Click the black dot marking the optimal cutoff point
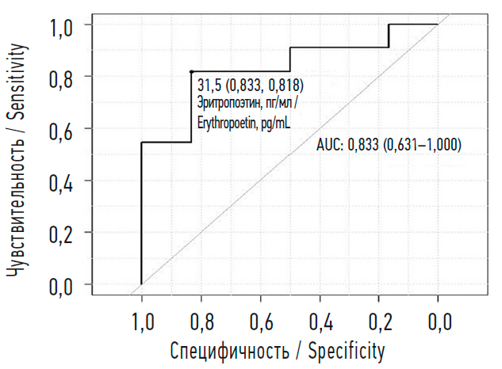pyautogui.click(x=192, y=71)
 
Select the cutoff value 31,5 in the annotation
pyautogui.click(x=210, y=84)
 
